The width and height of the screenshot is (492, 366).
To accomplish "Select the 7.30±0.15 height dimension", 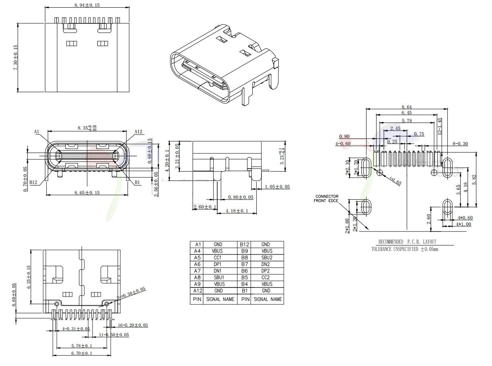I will pos(16,58).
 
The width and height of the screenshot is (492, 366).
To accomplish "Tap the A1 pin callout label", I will pos(37,132).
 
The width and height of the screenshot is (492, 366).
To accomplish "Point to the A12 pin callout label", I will pos(138,132).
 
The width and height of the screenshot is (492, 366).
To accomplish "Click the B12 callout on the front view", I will pos(33,182).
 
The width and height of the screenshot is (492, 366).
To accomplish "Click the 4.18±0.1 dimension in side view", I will pos(237,211).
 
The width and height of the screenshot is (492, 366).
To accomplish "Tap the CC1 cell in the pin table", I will pos(218,258).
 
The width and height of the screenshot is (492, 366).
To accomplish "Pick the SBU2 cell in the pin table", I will pos(267,258).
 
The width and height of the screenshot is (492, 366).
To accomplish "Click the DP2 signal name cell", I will pos(267,271).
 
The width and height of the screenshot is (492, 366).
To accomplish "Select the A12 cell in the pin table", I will pos(197,291).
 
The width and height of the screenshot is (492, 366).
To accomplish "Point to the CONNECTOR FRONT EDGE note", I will pos(327,199).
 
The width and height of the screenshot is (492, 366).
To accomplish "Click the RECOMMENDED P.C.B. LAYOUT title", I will pos(407,242).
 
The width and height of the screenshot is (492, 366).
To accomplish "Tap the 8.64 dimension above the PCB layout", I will pos(406,107).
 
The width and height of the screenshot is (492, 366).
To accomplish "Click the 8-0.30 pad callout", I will pos(460,143).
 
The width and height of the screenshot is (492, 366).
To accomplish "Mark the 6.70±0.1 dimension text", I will pos(82,353).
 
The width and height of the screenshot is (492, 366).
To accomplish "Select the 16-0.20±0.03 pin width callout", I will pos(133,325).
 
